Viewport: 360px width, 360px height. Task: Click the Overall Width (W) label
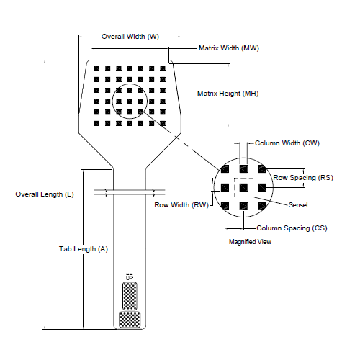(130, 36)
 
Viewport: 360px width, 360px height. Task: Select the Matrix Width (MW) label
(228, 48)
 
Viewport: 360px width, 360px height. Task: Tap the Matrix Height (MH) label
(228, 94)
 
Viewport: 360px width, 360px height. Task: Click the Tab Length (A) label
(84, 249)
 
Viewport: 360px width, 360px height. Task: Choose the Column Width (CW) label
(292, 144)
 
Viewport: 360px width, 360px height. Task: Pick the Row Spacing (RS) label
(302, 177)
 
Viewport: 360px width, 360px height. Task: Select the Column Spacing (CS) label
(292, 228)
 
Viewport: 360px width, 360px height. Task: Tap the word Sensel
(298, 205)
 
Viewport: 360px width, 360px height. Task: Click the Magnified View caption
(250, 242)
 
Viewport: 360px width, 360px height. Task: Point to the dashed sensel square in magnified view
(244, 187)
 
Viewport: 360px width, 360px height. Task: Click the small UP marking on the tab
(130, 276)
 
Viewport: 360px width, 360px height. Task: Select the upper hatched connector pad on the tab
(130, 295)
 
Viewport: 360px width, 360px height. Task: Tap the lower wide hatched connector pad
(130, 318)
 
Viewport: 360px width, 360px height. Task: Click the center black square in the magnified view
(244, 187)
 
